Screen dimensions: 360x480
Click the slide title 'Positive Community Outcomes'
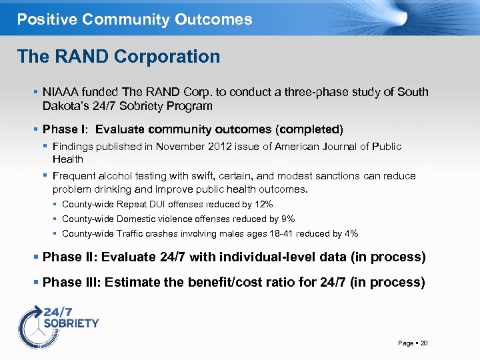135,19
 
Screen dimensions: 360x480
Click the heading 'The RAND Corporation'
119,57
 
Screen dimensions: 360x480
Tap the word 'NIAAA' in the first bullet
61,92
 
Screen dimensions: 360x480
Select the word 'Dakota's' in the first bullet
64,106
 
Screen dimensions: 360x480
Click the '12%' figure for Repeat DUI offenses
263,205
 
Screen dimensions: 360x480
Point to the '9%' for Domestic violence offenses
287,219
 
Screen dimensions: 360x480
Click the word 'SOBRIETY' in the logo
71,323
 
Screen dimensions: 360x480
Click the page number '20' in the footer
424,343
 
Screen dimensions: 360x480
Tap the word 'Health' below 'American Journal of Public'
68,159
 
